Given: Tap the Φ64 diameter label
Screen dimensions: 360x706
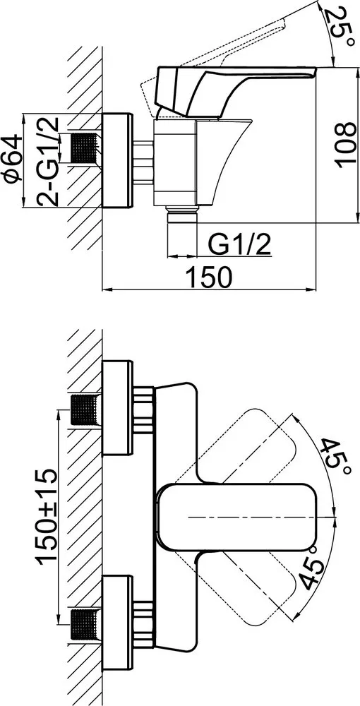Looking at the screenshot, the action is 12,157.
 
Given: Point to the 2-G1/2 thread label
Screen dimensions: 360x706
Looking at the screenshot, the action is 48,161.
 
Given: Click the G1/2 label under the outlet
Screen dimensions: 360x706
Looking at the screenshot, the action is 239,246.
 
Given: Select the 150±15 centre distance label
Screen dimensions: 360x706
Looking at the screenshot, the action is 47,515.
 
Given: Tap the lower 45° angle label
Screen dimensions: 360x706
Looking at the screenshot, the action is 312,567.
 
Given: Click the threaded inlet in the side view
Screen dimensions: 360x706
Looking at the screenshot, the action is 85,148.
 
